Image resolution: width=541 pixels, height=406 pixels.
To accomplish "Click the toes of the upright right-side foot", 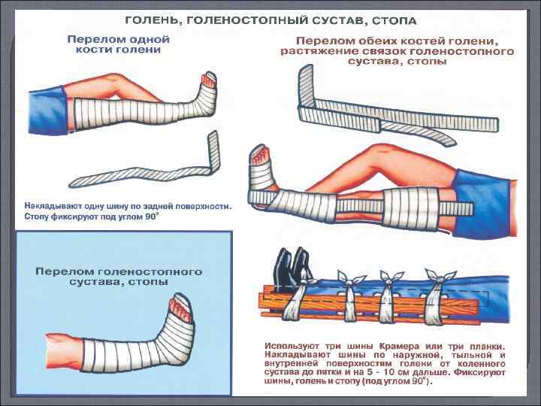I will coord(261,154).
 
